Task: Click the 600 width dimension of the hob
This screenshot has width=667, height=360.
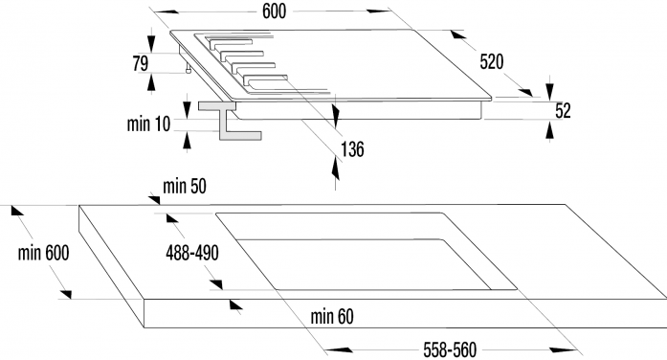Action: [x=274, y=11]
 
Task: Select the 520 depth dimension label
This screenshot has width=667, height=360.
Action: [x=492, y=62]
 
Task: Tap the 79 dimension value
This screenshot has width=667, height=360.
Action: [x=141, y=63]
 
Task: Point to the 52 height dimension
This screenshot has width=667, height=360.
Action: [x=563, y=111]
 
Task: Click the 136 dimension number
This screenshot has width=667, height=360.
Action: [x=352, y=149]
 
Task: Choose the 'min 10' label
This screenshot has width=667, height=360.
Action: [x=148, y=124]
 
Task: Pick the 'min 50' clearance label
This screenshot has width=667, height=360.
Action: [x=185, y=186]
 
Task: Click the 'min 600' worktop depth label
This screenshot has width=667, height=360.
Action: [x=43, y=253]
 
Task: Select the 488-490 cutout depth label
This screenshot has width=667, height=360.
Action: [x=192, y=253]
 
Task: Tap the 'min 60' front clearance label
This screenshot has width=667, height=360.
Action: [x=332, y=316]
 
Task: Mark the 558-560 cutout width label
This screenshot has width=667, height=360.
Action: [x=450, y=349]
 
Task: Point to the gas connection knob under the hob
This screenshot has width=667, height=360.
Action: [x=188, y=69]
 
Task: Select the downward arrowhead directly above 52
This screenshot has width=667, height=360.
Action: [x=549, y=92]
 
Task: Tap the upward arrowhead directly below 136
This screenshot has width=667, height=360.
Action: [x=336, y=169]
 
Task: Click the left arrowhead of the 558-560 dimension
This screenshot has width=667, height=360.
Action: [x=339, y=349]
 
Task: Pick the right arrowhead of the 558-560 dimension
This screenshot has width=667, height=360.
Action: [x=563, y=350]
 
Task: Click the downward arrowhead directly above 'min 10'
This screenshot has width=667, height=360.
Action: [x=187, y=109]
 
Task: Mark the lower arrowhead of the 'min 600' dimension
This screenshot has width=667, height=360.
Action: [x=65, y=294]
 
